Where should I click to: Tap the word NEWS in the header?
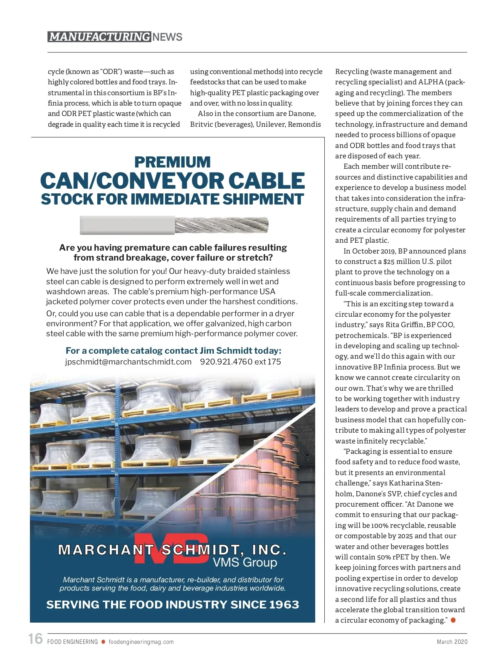click(167, 37)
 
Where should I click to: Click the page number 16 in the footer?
click(36, 639)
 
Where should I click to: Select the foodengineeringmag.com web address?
click(141, 642)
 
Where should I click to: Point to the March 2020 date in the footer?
click(452, 642)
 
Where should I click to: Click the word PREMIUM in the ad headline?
click(173, 162)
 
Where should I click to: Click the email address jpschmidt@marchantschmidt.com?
click(128, 362)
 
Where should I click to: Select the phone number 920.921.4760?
click(226, 362)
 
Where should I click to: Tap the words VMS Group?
click(245, 562)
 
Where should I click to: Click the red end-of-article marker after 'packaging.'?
click(453, 620)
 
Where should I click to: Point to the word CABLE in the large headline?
click(266, 181)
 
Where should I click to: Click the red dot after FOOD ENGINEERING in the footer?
click(103, 642)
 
